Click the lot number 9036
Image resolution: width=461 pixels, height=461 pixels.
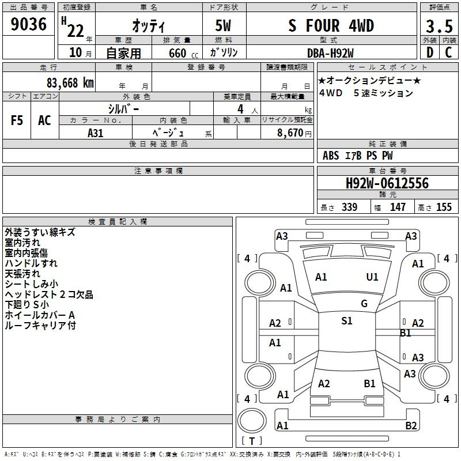(x=28, y=24)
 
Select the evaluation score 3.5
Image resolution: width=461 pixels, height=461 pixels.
(x=439, y=27)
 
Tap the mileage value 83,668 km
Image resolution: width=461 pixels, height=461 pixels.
(x=70, y=83)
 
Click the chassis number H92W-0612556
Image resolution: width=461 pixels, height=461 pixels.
(x=387, y=183)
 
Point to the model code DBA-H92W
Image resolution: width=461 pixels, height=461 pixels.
(x=330, y=53)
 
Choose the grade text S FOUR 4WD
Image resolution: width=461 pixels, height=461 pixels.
(x=331, y=25)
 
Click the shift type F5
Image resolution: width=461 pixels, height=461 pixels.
(x=17, y=120)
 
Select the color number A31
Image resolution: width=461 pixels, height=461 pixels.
(x=95, y=133)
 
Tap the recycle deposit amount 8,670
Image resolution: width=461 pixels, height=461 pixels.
(x=290, y=133)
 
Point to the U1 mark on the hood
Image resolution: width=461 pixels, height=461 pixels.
(x=372, y=277)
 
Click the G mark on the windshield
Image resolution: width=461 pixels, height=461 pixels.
(x=364, y=304)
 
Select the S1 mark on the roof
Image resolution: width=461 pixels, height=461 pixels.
(x=347, y=321)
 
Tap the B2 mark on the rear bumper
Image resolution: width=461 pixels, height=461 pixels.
(x=411, y=426)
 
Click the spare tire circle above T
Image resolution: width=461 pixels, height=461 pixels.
(x=252, y=421)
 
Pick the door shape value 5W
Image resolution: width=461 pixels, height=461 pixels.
(x=223, y=25)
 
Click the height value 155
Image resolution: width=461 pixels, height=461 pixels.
(x=444, y=207)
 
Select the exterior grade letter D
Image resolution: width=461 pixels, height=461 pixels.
(x=430, y=52)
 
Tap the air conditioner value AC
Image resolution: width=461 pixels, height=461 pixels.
(x=44, y=120)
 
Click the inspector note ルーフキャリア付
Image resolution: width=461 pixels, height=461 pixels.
(x=40, y=326)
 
